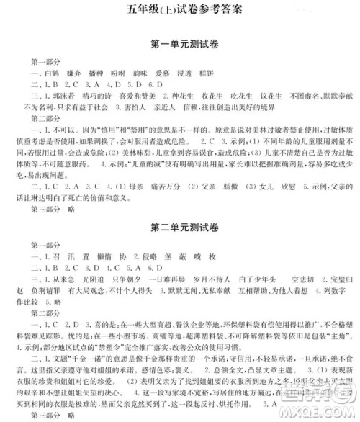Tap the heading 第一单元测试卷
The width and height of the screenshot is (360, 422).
coord(181,44)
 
